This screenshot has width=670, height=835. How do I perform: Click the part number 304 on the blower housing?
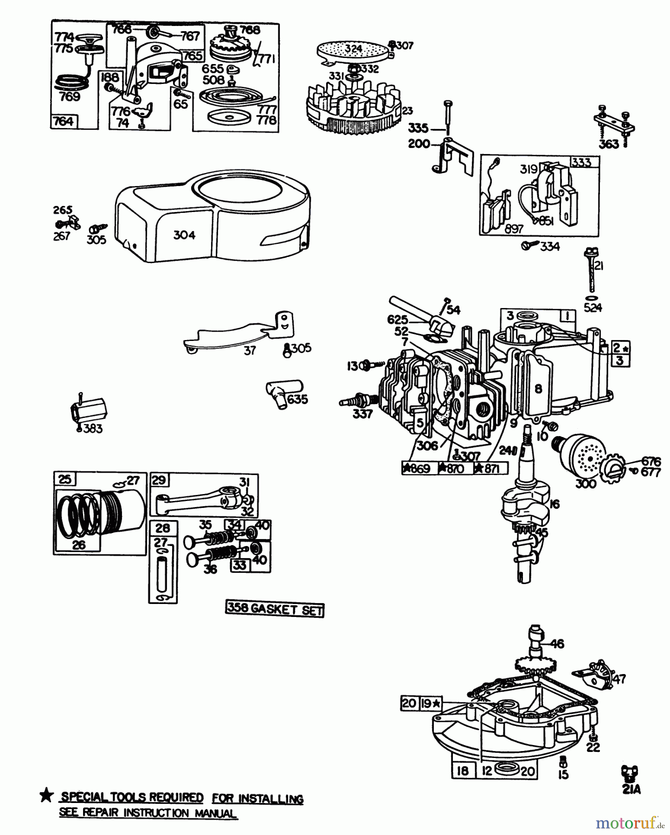184,235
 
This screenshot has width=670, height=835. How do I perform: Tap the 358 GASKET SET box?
275,608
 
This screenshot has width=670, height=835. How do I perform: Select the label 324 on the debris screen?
354,49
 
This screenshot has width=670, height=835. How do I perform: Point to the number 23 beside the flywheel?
407,111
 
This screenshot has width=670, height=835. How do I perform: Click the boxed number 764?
64,122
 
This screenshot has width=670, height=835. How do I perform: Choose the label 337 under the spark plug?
362,413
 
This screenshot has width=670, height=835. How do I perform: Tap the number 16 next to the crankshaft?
554,504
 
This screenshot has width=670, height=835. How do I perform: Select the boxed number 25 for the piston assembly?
65,479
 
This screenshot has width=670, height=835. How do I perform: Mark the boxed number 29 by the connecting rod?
159,480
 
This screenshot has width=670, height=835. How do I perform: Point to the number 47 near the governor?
619,679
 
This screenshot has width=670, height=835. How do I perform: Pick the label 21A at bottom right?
631,789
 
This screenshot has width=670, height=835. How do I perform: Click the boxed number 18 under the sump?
463,771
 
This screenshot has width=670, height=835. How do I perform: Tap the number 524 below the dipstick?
593,308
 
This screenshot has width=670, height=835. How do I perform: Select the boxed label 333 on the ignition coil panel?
581,162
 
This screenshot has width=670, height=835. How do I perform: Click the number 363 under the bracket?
609,144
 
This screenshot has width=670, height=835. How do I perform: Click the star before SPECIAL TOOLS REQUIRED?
46,796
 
